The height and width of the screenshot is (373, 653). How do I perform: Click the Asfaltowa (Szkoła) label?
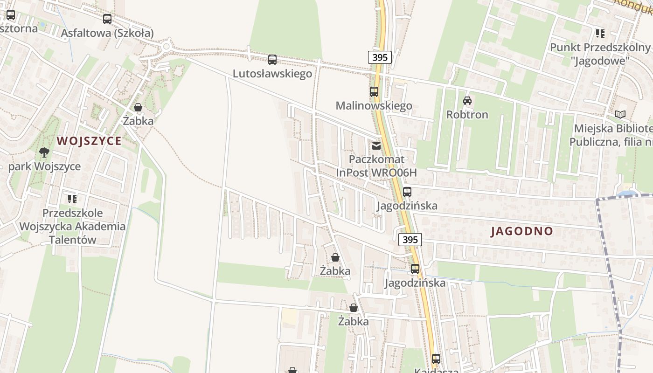(107, 33)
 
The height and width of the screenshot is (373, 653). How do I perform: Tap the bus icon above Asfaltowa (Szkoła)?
(107, 19)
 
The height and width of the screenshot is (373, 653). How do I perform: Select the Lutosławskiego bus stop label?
(272, 74)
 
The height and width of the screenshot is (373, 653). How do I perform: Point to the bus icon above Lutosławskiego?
(272, 60)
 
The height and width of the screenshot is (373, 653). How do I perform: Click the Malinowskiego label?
(374, 106)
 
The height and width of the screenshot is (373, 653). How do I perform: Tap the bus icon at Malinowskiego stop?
(374, 92)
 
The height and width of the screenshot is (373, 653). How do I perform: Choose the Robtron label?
(467, 115)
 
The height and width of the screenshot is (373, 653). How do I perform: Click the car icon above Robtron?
(467, 101)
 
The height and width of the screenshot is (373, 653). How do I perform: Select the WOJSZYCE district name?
(89, 141)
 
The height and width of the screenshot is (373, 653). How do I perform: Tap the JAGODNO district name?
(522, 231)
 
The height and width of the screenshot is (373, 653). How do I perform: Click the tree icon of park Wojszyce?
(44, 152)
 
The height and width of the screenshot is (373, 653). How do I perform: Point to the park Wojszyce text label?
(44, 166)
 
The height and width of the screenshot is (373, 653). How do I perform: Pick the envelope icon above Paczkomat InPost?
(376, 146)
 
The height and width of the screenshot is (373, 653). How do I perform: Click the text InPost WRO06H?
(376, 173)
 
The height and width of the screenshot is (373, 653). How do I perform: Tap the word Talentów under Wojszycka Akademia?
(72, 240)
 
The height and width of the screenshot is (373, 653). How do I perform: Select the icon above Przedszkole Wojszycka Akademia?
(72, 199)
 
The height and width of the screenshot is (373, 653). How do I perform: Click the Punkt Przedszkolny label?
(600, 47)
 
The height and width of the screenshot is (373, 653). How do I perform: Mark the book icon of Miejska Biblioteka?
(620, 114)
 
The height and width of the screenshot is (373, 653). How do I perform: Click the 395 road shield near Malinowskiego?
(380, 58)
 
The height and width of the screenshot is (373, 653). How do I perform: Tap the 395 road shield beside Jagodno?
(410, 240)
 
